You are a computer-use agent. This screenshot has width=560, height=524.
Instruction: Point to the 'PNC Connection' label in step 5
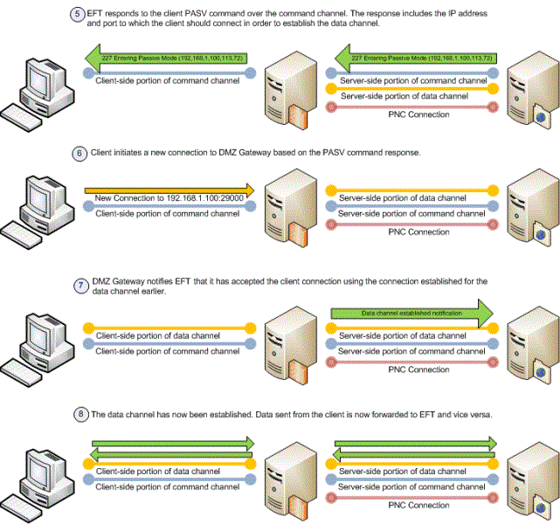click(418, 114)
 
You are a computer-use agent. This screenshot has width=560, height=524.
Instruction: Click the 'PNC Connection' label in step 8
click(418, 506)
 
